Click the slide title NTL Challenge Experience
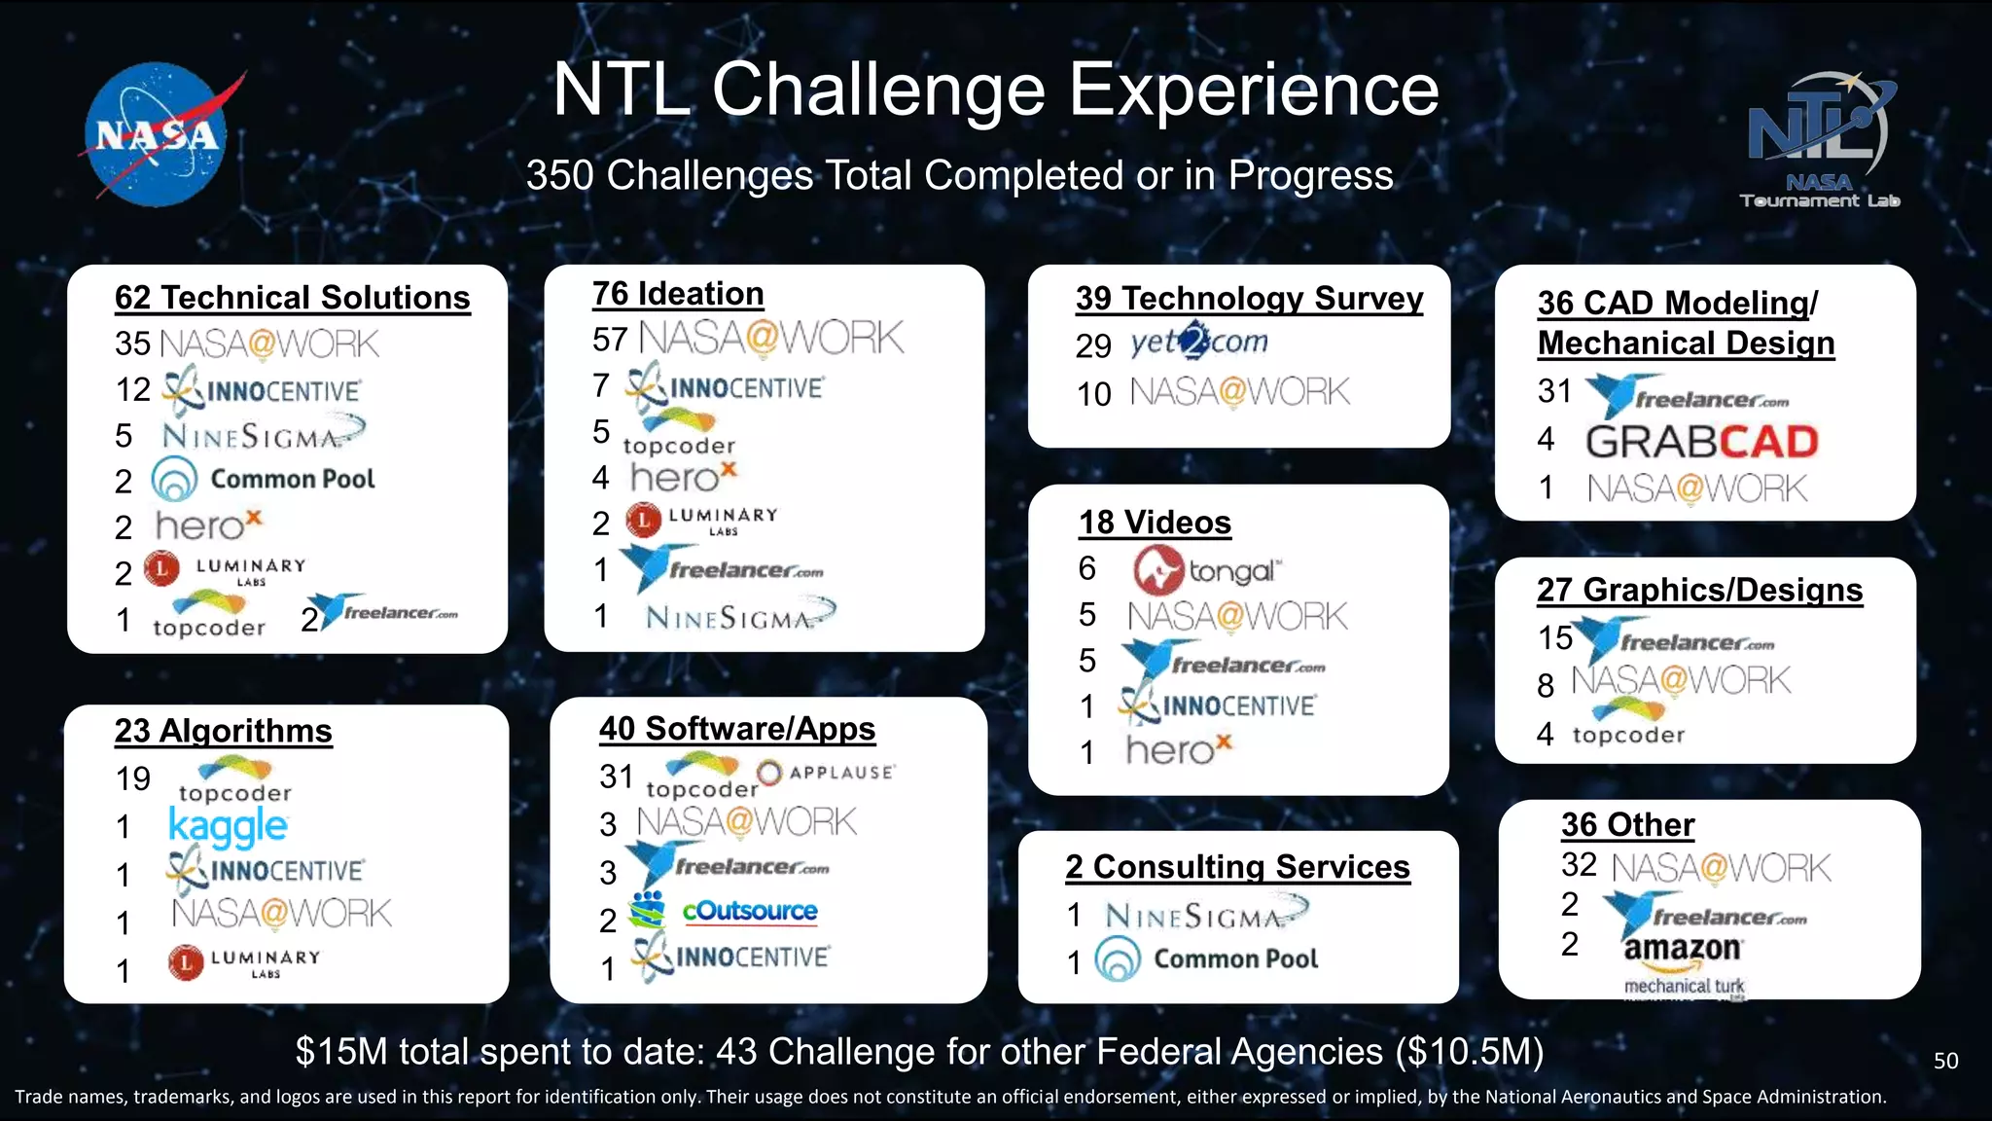995,90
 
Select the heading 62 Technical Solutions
292,297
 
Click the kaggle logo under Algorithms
228,827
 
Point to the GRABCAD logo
1701,442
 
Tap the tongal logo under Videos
1206,570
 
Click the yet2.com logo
1199,343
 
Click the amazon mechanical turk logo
1684,964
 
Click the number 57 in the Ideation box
610,340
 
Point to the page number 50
1945,1061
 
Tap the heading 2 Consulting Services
1237,866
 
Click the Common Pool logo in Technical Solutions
264,479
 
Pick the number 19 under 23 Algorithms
133,779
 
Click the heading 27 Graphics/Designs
1699,590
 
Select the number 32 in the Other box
1579,865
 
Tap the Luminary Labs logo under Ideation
700,521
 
